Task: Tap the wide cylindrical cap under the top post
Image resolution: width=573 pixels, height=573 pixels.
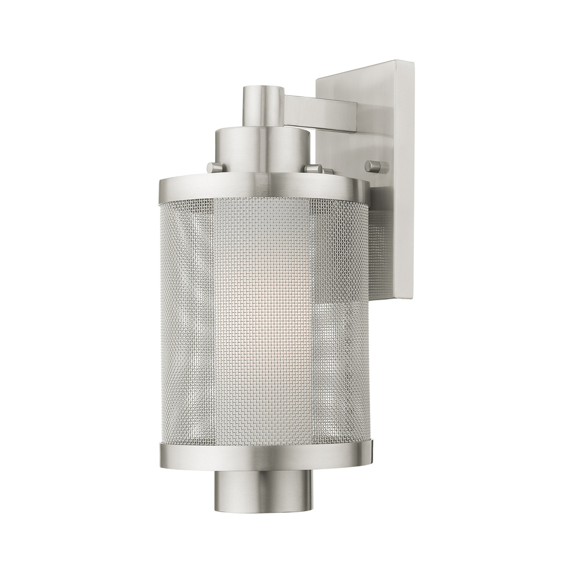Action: pos(262,149)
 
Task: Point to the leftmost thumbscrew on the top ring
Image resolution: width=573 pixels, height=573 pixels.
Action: pos(215,167)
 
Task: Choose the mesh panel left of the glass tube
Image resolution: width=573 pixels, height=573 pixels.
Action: pos(189,321)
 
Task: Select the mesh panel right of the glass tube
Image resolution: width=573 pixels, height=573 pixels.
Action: pos(341,321)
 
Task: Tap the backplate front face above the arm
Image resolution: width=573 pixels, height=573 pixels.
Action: pos(355,83)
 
